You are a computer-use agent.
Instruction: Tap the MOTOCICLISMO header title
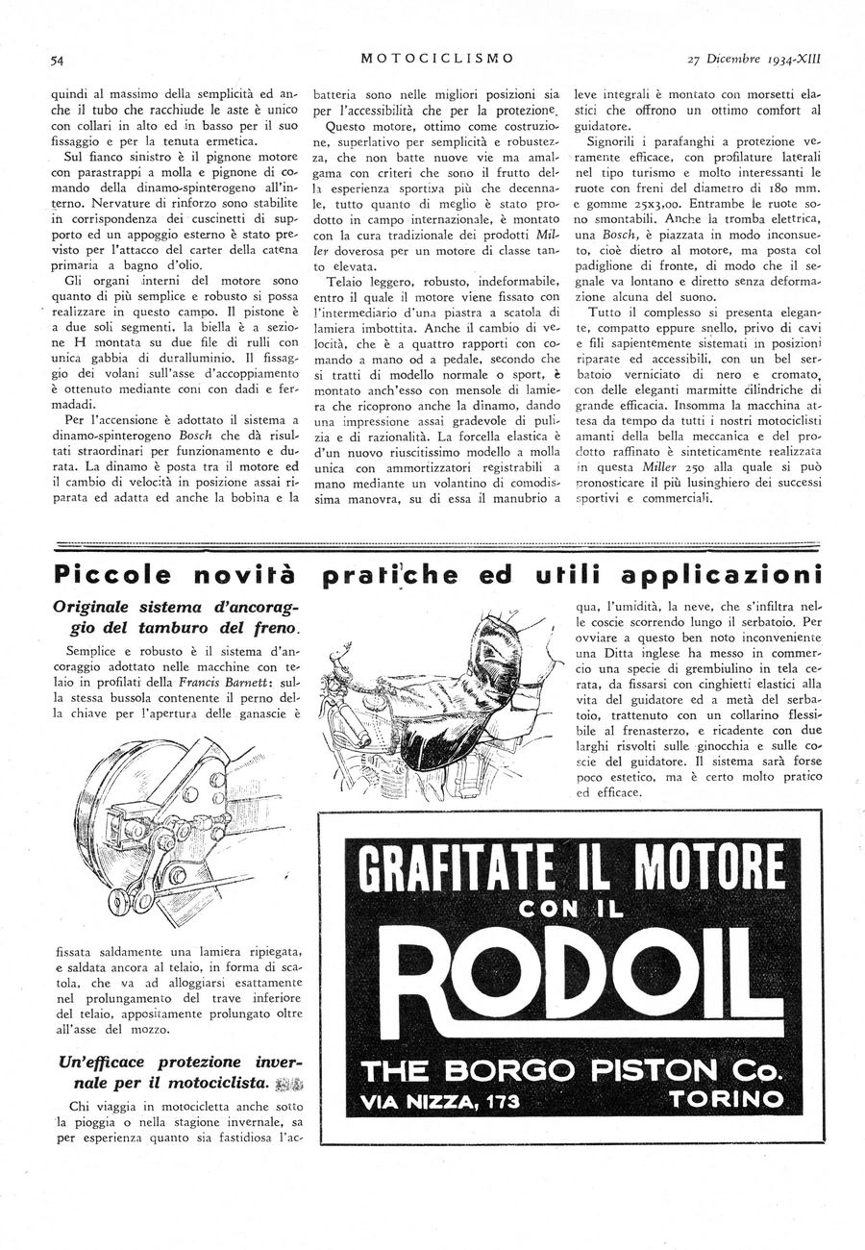pos(436,58)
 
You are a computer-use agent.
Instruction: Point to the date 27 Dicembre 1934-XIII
pos(759,58)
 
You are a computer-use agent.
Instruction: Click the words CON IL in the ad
pos(571,906)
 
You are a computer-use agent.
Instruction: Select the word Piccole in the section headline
pos(111,576)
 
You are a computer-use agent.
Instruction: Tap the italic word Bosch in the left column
pos(198,436)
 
